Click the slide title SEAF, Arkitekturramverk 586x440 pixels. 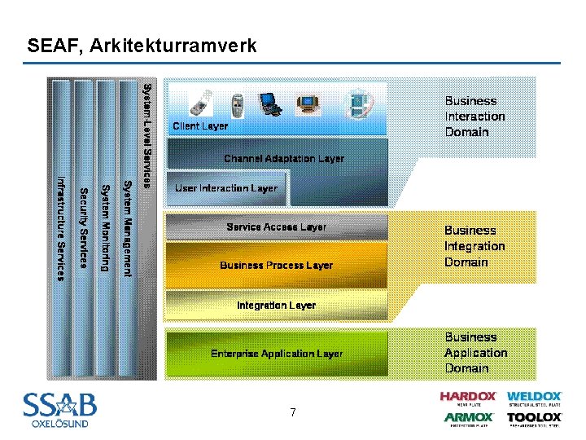click(x=142, y=46)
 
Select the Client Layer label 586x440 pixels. click(x=200, y=126)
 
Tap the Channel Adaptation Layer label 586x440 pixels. click(x=284, y=159)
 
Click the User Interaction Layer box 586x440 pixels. click(x=226, y=188)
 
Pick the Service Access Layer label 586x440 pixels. click(x=277, y=227)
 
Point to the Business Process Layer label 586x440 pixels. click(x=277, y=265)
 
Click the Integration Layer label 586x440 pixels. click(x=277, y=306)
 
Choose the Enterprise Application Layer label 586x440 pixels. click(x=277, y=354)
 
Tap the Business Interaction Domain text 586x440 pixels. click(x=474, y=117)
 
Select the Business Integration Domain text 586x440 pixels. click(x=474, y=246)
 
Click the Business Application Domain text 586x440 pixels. click(x=475, y=352)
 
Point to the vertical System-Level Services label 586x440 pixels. click(x=146, y=135)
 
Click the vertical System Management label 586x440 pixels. click(x=127, y=228)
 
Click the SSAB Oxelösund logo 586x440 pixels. click(x=59, y=409)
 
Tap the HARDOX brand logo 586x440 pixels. click(x=468, y=398)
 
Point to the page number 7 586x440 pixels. click(x=292, y=413)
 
